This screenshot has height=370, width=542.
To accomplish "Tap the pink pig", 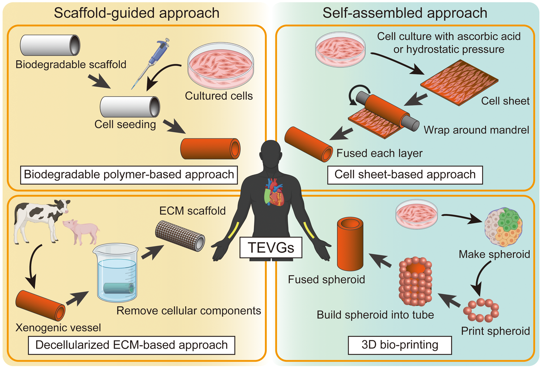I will pyautogui.click(x=82, y=231).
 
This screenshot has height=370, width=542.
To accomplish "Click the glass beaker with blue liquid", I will pyautogui.click(x=117, y=273).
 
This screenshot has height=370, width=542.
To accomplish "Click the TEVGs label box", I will pyautogui.click(x=271, y=248).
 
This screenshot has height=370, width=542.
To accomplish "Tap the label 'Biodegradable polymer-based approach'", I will pyautogui.click(x=129, y=175).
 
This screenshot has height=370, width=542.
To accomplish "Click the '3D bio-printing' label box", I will pyautogui.click(x=400, y=345).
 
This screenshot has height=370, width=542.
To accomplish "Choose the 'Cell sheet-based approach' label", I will pyautogui.click(x=405, y=175).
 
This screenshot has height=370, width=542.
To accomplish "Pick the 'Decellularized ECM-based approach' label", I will pyautogui.click(x=132, y=345).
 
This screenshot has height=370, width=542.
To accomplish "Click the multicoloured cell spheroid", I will pyautogui.click(x=503, y=227).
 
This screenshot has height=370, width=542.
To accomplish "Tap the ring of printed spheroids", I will pyautogui.click(x=481, y=310).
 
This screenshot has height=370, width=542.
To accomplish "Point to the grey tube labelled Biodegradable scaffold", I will pyautogui.click(x=50, y=45).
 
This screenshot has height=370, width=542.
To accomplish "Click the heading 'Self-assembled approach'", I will pyautogui.click(x=405, y=13).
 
